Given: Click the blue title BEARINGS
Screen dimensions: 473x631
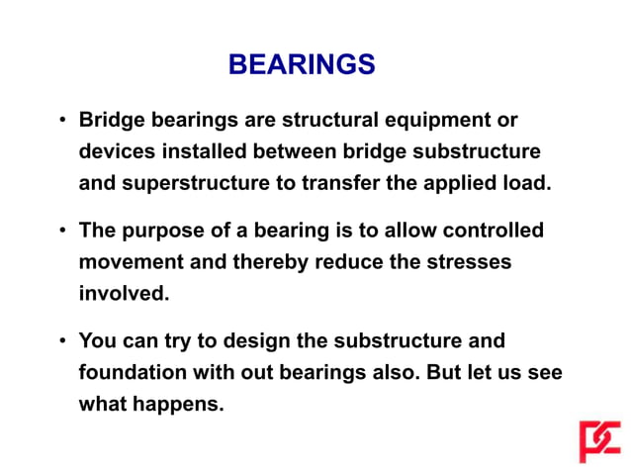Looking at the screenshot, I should pyautogui.click(x=301, y=65).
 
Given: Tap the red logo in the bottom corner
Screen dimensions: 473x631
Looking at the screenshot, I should pyautogui.click(x=599, y=441).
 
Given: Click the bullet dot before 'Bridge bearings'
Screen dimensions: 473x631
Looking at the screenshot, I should pyautogui.click(x=61, y=122).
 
